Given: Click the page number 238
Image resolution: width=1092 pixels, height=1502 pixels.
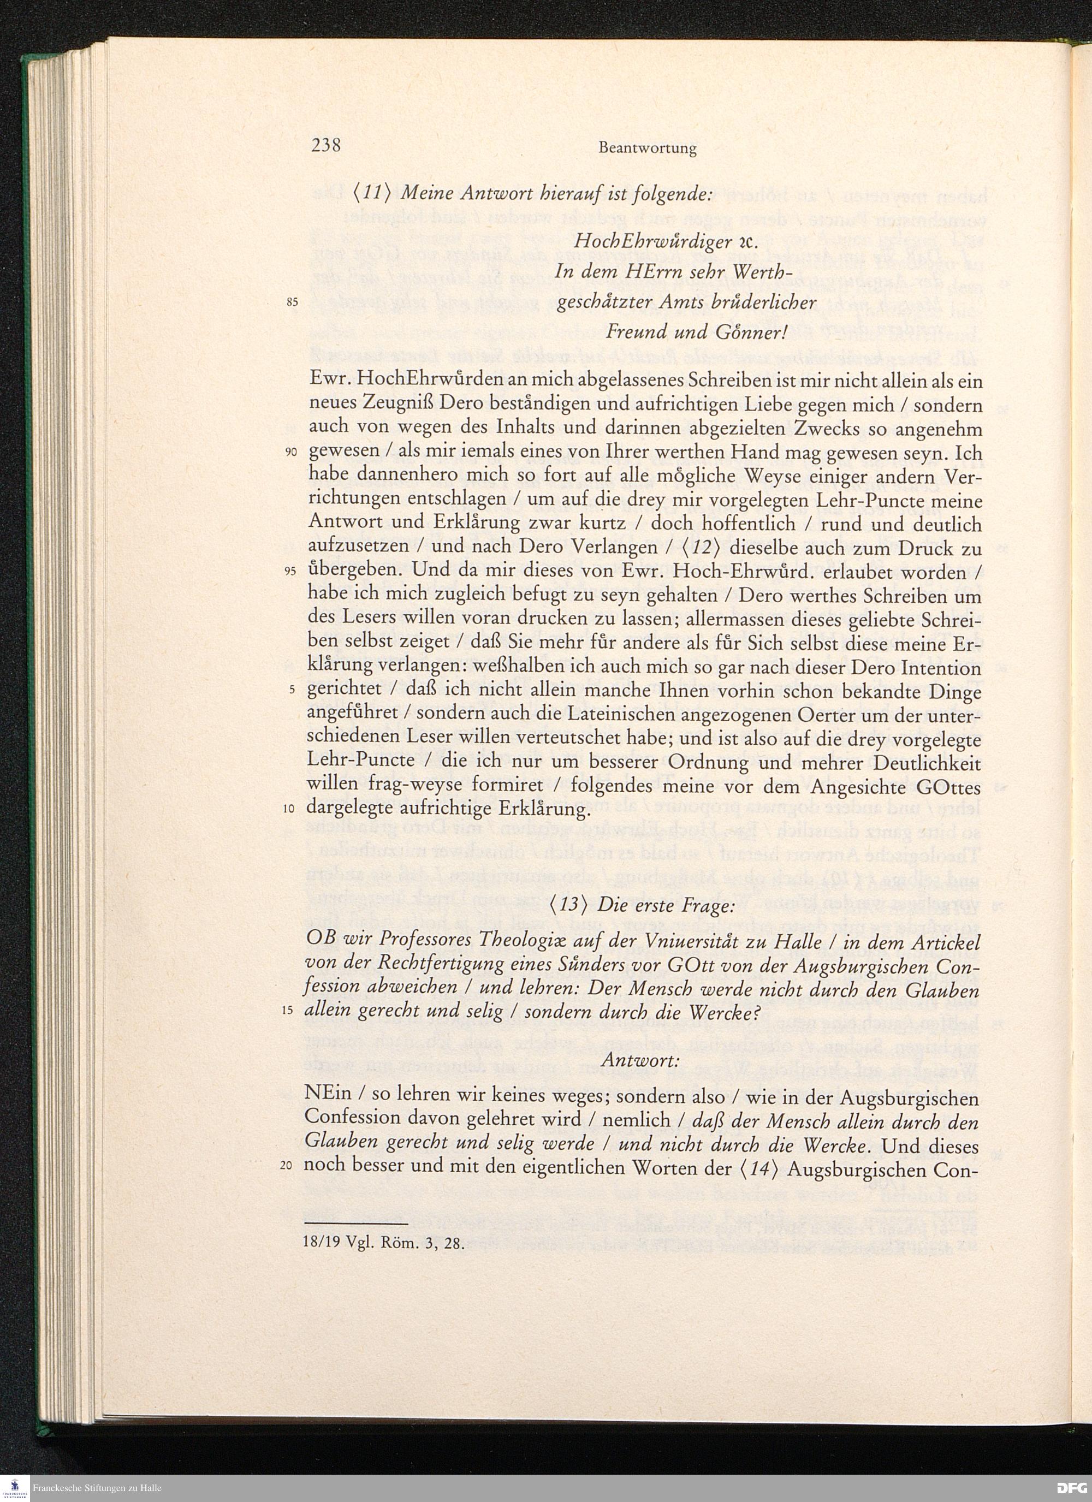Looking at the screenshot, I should (326, 145).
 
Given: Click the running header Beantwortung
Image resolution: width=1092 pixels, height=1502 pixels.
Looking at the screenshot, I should (647, 149).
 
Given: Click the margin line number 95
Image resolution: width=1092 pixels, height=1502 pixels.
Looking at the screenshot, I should (292, 573).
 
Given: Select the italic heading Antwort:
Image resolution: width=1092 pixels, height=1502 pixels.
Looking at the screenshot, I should (640, 1060).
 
